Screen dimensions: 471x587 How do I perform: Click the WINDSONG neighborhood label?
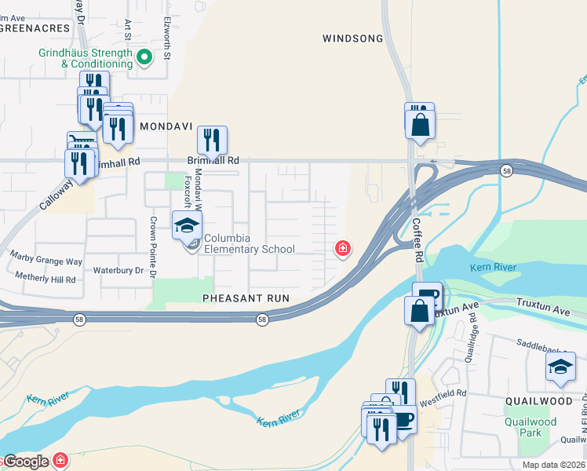click(353, 38)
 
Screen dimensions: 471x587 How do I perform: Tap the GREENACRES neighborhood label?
click(35, 27)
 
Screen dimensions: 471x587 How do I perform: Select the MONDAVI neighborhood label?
click(166, 126)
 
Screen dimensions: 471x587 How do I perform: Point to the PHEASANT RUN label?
click(246, 298)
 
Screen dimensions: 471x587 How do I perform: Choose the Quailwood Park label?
click(531, 427)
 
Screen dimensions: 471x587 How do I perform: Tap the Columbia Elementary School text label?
click(250, 243)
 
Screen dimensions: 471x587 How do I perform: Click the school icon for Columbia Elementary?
click(187, 226)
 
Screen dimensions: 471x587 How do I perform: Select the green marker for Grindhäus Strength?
click(144, 57)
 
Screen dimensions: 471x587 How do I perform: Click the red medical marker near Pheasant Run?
click(342, 249)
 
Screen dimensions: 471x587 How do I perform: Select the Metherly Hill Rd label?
click(43, 279)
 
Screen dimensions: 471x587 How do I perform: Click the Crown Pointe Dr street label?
click(154, 247)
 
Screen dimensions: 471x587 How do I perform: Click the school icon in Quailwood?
click(560, 367)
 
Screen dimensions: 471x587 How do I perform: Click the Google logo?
click(25, 462)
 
